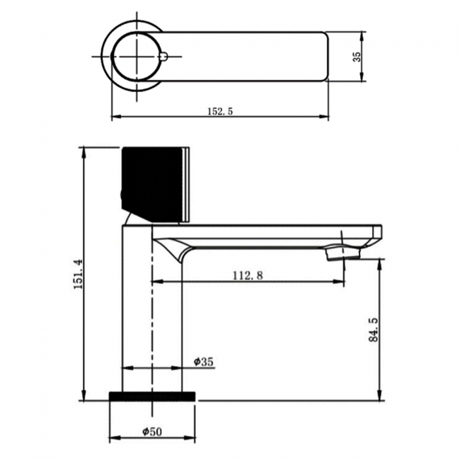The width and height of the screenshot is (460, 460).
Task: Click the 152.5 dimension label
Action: [220, 110]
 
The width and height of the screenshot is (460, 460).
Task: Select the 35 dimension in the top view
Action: [357, 57]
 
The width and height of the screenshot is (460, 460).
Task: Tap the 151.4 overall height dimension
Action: [78, 273]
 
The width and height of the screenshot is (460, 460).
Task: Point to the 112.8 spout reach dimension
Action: [248, 275]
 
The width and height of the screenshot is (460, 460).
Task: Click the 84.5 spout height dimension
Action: [374, 329]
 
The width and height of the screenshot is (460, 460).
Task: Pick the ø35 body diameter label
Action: [204, 362]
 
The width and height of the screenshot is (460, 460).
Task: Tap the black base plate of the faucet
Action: [152, 396]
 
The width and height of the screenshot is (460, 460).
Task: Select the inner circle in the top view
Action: [136, 57]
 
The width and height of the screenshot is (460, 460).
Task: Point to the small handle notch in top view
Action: [164, 57]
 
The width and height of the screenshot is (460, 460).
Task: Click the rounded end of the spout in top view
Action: [324, 57]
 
